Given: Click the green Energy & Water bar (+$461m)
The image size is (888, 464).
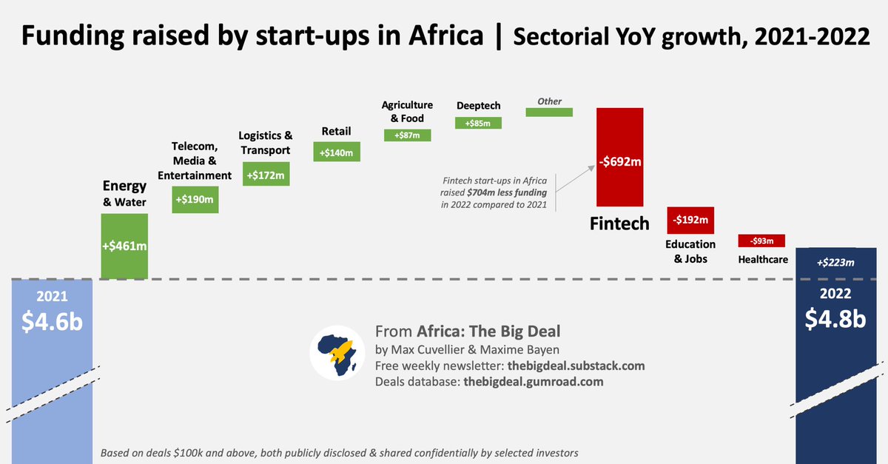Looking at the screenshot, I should [x=124, y=246].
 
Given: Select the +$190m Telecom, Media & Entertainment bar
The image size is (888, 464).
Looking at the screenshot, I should [x=195, y=200].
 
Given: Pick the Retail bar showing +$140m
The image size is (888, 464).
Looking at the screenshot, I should [x=337, y=152].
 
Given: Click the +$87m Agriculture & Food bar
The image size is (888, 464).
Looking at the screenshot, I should [x=407, y=135].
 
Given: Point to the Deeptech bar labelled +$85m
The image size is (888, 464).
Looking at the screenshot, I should [x=479, y=123].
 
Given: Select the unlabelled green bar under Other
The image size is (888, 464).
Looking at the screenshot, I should [x=549, y=112].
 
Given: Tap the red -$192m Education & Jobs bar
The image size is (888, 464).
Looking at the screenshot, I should [x=690, y=220].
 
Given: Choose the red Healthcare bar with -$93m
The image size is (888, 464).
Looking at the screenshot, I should [x=761, y=241].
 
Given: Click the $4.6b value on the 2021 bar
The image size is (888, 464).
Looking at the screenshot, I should [x=53, y=323].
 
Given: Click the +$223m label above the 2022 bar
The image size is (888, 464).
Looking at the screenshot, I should [x=836, y=261].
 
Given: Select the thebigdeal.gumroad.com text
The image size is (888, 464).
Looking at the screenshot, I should [x=533, y=382].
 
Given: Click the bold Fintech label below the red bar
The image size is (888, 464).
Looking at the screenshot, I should [x=619, y=223].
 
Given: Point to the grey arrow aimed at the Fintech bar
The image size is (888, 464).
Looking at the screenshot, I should [x=575, y=178].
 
